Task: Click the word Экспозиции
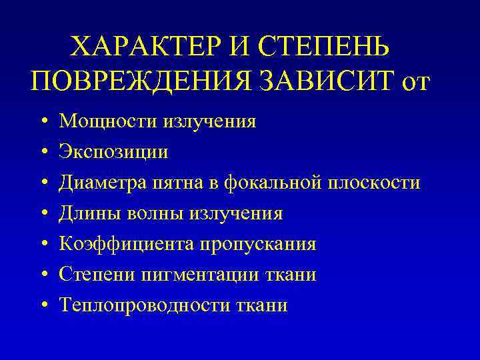coord(114,153)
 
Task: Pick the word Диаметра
coord(103,183)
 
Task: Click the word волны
coord(154,214)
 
